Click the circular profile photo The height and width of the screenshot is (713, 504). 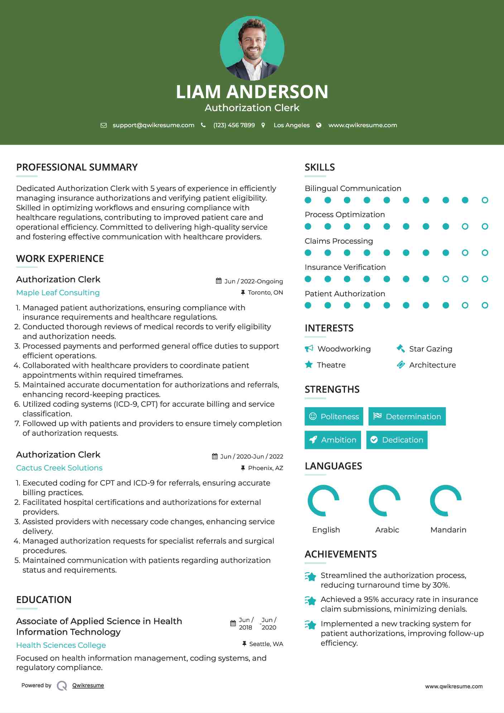pos(252,48)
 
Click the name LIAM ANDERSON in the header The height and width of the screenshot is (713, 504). pos(252,92)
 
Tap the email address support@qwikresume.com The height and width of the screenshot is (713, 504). pos(153,125)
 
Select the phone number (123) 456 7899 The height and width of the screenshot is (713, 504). pos(234,125)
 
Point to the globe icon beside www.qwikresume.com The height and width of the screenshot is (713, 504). pos(319,125)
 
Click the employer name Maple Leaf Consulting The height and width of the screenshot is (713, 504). pos(58,293)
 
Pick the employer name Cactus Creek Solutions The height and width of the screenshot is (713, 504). pos(59,468)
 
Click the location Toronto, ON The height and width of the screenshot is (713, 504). pos(265,293)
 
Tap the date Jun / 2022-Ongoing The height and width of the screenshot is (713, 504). pos(253,281)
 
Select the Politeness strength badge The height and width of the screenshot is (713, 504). pos(334,416)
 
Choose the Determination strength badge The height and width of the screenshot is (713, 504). pos(407,416)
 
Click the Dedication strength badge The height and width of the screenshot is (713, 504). pos(397,440)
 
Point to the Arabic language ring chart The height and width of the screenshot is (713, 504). pos(385,501)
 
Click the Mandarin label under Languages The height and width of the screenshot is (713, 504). pos(448,530)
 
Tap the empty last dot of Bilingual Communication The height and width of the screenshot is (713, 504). pos(485,200)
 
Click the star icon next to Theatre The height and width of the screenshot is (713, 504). pos(309,365)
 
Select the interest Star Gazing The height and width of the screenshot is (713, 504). pos(431,349)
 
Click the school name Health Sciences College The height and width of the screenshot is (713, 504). pos(61,645)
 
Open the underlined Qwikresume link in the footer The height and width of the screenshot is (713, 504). pos(88,685)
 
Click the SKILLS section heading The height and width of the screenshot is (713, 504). pos(320,167)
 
